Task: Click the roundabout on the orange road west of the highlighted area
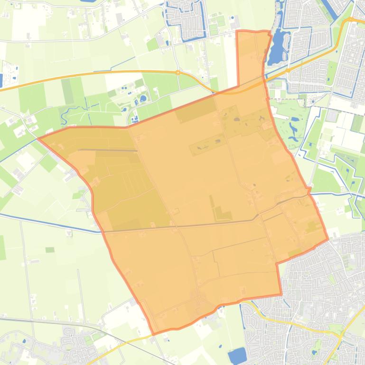coord(178,73)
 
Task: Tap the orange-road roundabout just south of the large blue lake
coord(288,71)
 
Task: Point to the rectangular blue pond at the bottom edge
coord(237,355)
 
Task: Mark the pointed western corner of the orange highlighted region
coord(38,138)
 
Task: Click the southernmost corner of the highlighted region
coord(153,334)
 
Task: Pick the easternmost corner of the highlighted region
coord(328,239)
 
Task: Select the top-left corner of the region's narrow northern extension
coord(237,32)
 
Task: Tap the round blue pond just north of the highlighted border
coord(143,99)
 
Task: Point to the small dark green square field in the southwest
coord(50,250)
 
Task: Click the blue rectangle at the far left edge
coord(1,81)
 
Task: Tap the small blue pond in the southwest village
coord(24,340)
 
